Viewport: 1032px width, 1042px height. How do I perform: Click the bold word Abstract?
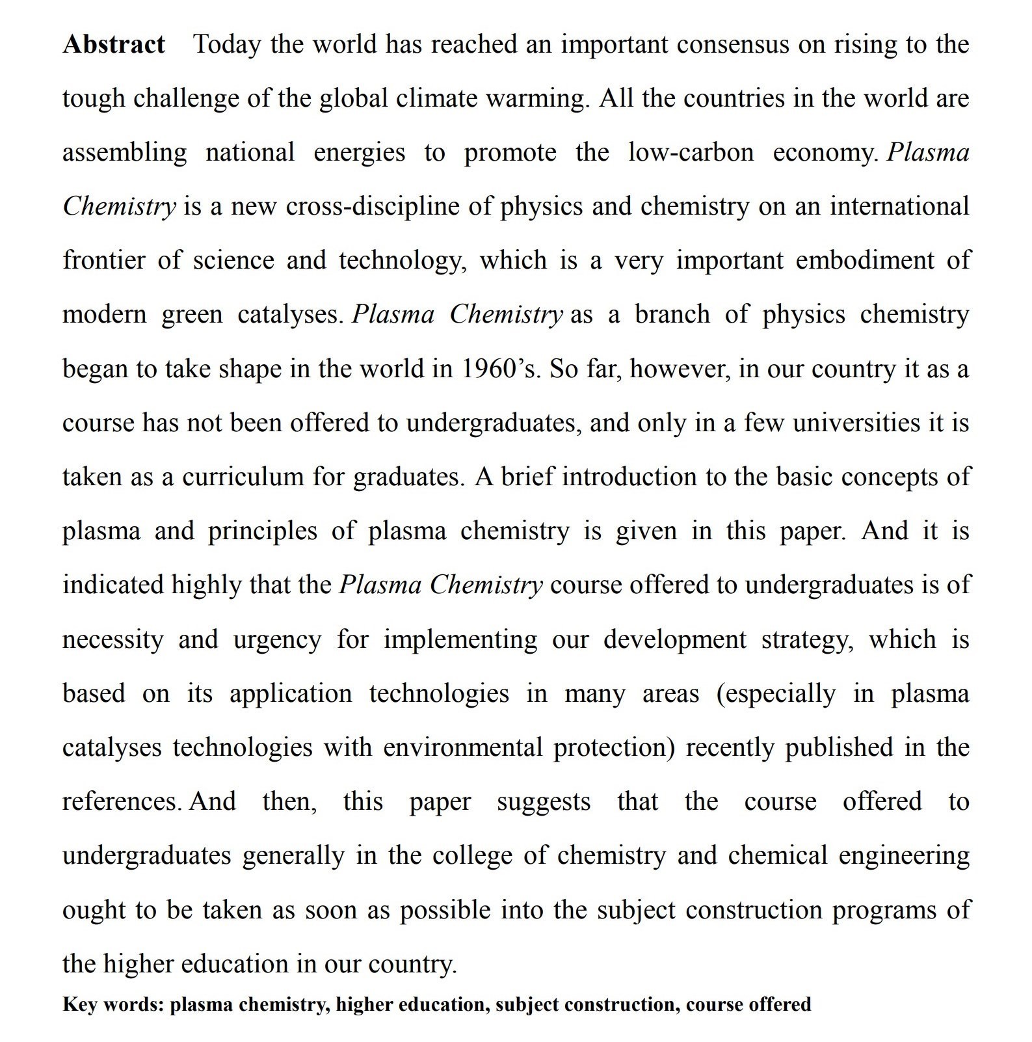tap(114, 45)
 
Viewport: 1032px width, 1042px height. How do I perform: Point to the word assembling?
tap(124, 153)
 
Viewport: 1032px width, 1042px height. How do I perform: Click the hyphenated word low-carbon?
tap(691, 153)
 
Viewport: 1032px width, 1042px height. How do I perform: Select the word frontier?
tap(104, 261)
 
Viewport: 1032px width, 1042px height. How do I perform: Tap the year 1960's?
tap(501, 369)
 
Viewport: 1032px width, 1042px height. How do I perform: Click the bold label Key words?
tap(111, 1004)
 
